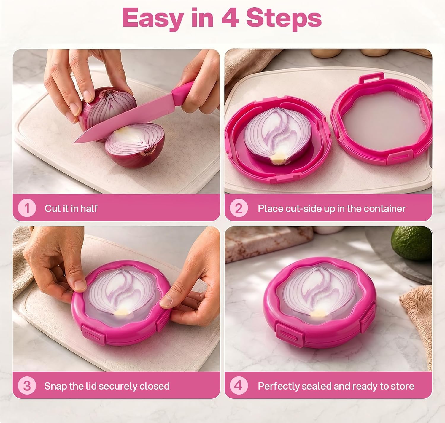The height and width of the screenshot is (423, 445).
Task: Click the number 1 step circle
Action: [27, 208]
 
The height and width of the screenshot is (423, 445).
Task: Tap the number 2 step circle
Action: [239, 208]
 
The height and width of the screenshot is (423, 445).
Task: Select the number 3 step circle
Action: [27, 386]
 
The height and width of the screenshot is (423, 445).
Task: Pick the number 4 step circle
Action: [239, 386]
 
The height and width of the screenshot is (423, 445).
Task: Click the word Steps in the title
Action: [284, 20]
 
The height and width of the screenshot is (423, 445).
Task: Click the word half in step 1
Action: [89, 208]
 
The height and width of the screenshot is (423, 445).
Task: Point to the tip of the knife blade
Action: [75, 142]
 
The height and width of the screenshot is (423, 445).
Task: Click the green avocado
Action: [412, 243]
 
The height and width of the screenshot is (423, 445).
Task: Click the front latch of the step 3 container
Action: [93, 334]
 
